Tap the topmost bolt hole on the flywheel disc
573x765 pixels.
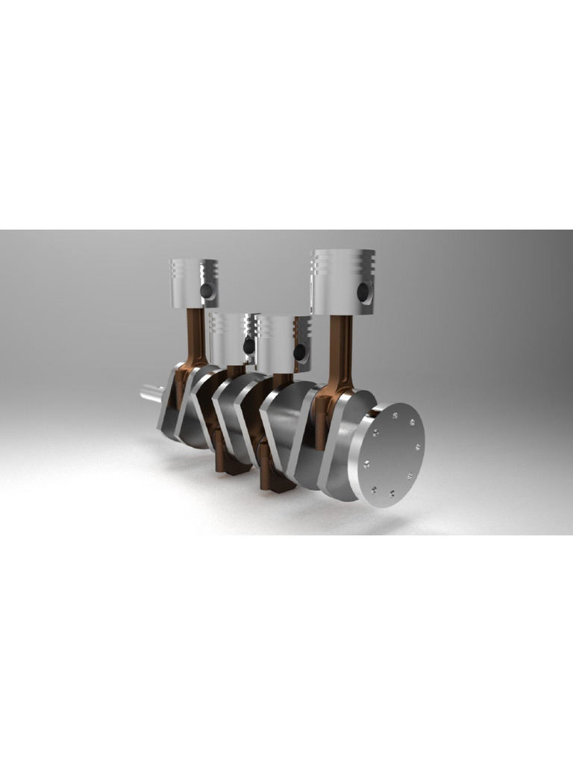[x=395, y=409]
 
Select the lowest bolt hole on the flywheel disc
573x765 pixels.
[x=374, y=490]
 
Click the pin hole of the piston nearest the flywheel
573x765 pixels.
[x=363, y=292]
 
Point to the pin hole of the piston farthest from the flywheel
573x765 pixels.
[x=207, y=291]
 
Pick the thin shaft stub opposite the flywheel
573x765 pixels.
[x=151, y=391]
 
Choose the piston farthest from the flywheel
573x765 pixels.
[x=192, y=284]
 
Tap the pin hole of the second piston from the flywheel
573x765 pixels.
[x=300, y=351]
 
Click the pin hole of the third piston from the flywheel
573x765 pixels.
[x=248, y=346]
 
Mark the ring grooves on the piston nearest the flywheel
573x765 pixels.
[x=342, y=262]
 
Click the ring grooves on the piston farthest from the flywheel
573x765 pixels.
[x=193, y=270]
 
